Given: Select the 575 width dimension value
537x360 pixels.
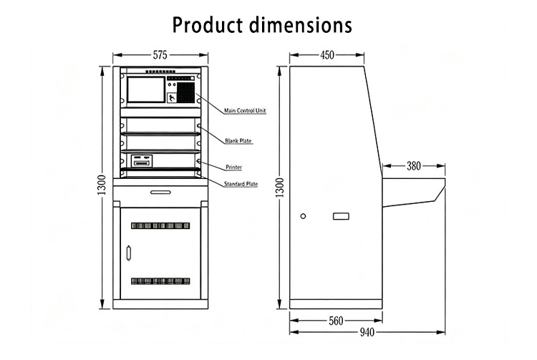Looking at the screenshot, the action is (x=160, y=55).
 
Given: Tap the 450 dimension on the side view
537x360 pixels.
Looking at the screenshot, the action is (x=327, y=55).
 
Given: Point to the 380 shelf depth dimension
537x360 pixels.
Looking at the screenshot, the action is (x=413, y=166).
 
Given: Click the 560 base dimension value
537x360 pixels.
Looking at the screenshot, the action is (x=336, y=321).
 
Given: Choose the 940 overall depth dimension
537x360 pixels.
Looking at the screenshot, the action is (x=367, y=332).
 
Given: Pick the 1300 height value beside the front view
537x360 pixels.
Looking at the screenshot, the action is (x=102, y=185).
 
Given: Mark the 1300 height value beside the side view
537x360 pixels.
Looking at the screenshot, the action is (x=280, y=188).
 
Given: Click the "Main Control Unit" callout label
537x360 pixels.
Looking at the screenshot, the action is (x=245, y=110).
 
